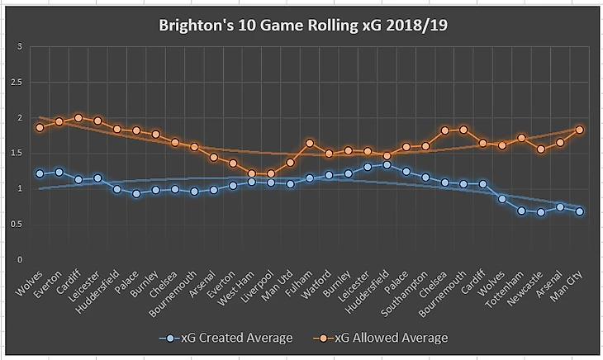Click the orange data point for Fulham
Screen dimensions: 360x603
tap(310, 143)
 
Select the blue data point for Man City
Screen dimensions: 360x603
tap(580, 211)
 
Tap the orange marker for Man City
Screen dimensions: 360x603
tap(580, 130)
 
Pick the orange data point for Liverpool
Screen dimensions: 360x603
tap(271, 174)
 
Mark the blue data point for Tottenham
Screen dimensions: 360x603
tap(521, 211)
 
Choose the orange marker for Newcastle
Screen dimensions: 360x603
tap(541, 149)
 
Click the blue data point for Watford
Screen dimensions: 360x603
tap(329, 175)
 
